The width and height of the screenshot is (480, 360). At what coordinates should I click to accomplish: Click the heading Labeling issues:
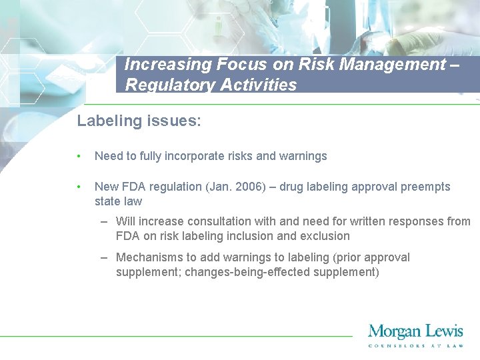pyautogui.click(x=139, y=121)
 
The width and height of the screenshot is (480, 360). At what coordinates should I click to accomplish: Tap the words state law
pyautogui.click(x=118, y=201)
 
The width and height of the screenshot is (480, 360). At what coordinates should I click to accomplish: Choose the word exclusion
pyautogui.click(x=324, y=236)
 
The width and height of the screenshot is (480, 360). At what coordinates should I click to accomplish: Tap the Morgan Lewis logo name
pyautogui.click(x=415, y=331)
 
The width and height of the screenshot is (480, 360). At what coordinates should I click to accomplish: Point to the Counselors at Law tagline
pyautogui.click(x=415, y=345)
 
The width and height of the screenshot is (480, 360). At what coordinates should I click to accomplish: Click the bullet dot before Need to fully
pyautogui.click(x=79, y=157)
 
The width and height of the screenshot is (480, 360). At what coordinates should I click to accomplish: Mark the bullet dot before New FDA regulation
pyautogui.click(x=79, y=187)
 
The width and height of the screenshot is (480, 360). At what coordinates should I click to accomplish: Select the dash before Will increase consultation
pyautogui.click(x=105, y=221)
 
